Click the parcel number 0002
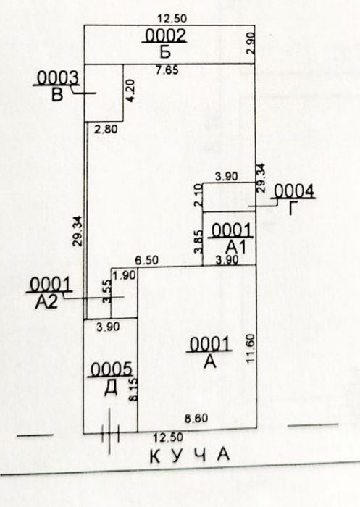[165, 35]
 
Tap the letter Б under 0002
[165, 51]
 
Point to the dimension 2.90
[250, 43]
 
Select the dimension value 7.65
[167, 70]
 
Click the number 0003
[57, 78]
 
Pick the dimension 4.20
[130, 91]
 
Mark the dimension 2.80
[106, 130]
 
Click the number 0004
[293, 190]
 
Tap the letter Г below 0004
[293, 209]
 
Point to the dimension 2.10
[198, 195]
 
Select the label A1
[235, 248]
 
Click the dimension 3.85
[198, 241]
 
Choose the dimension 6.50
[147, 260]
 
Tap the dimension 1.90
[125, 275]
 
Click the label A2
[46, 302]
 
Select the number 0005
[111, 369]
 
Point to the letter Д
[111, 388]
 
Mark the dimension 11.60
[251, 348]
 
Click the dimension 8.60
[196, 419]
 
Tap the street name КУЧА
[190, 455]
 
